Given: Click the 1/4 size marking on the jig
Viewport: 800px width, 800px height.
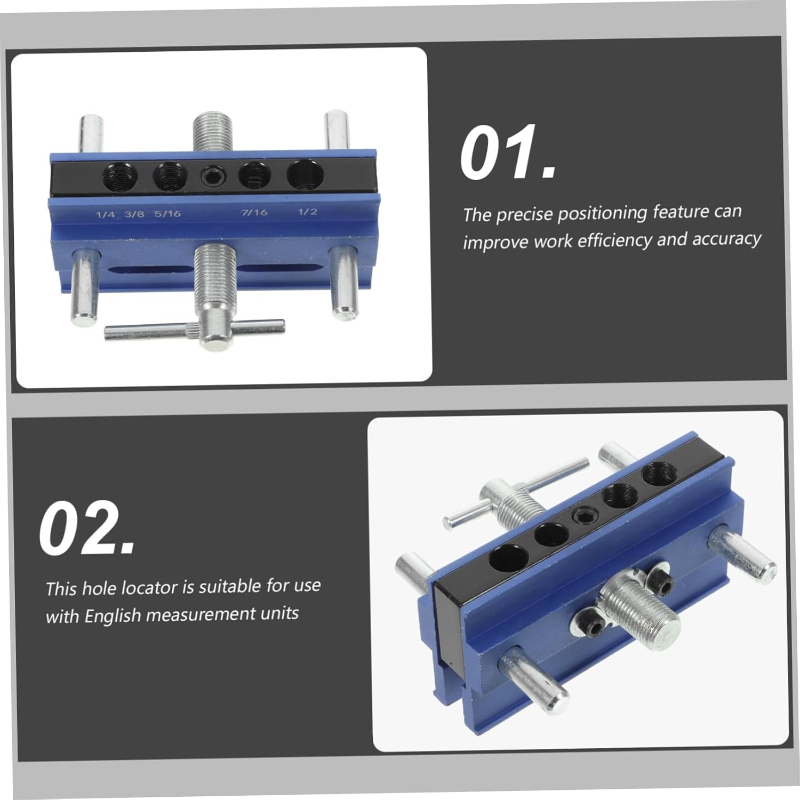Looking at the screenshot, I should tap(105, 215).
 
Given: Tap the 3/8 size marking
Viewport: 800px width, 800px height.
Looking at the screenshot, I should tap(134, 214).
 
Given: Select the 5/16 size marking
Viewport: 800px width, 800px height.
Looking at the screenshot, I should tap(167, 214).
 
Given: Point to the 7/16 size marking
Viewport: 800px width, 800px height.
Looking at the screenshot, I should tap(254, 212).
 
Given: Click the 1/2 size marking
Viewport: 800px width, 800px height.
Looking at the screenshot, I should tap(307, 212).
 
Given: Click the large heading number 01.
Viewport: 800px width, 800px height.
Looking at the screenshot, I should tap(508, 153).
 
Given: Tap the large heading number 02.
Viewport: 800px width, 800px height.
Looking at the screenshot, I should tap(87, 529).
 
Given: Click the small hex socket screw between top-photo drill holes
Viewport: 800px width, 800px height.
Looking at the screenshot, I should tap(212, 175).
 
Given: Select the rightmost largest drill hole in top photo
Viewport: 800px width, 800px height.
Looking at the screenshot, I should tap(306, 174).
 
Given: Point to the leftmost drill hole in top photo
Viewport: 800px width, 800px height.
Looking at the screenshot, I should tap(120, 177).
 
